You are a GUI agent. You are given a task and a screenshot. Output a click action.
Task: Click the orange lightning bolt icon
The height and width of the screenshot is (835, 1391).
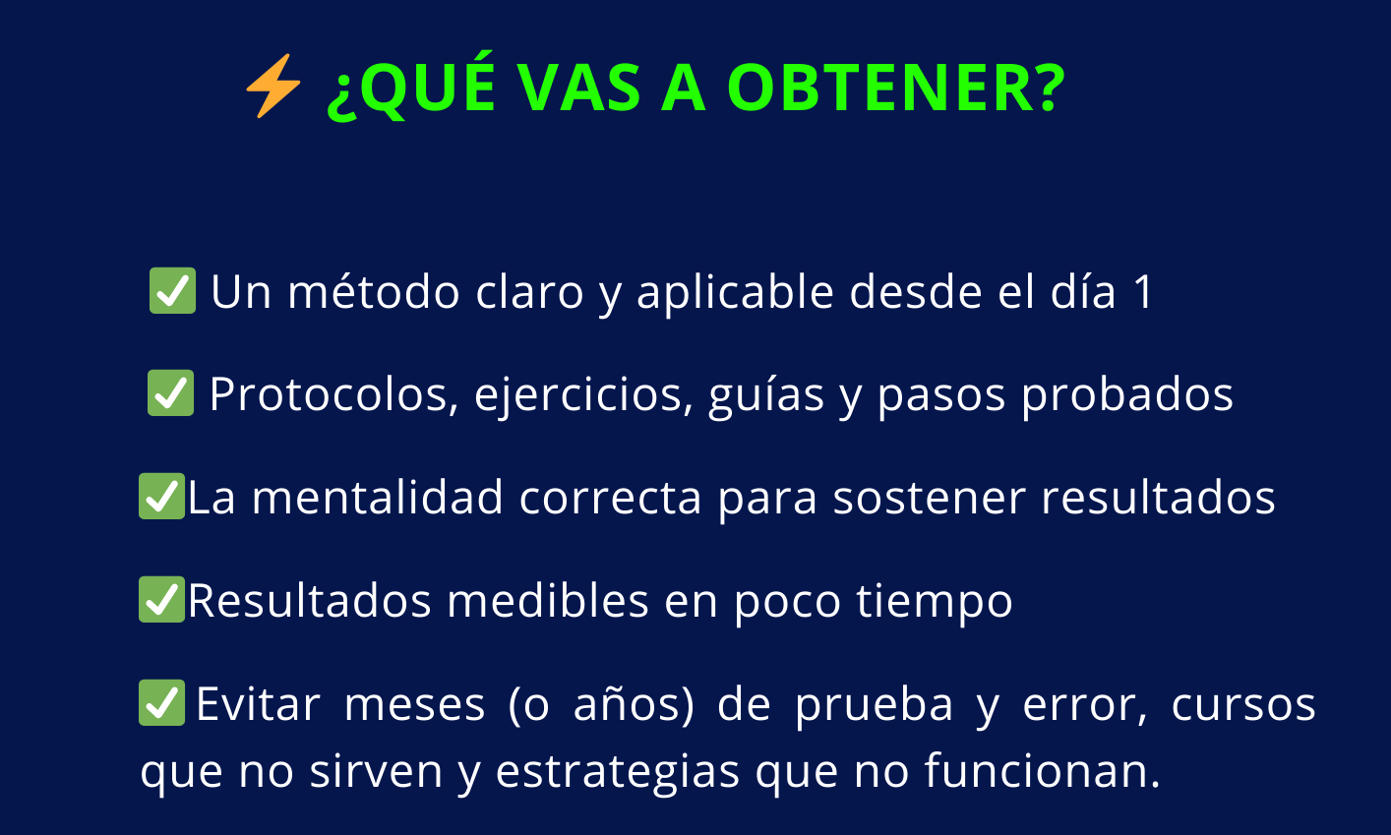pyautogui.click(x=273, y=86)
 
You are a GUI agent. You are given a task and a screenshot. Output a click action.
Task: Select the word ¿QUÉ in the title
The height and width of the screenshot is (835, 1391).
pyautogui.click(x=411, y=87)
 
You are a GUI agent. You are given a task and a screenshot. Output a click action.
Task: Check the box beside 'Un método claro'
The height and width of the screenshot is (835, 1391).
pyautogui.click(x=172, y=290)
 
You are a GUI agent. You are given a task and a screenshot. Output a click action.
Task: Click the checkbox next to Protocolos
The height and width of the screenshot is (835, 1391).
pyautogui.click(x=171, y=393)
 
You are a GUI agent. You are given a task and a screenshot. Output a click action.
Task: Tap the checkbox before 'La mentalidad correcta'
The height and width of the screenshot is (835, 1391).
pyautogui.click(x=162, y=496)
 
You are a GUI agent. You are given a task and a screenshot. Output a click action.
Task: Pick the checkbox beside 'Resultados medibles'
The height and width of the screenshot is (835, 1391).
pyautogui.click(x=162, y=599)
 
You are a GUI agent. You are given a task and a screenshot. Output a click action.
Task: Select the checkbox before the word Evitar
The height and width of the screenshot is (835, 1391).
pyautogui.click(x=162, y=703)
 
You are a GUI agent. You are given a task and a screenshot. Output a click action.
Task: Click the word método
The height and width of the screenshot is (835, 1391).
pyautogui.click(x=373, y=290)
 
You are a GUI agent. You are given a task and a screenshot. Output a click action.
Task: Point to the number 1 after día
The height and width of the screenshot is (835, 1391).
pyautogui.click(x=1143, y=291)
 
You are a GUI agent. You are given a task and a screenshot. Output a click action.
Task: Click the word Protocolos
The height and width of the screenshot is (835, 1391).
pyautogui.click(x=330, y=394)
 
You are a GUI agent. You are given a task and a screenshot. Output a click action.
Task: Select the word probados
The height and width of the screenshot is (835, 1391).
pyautogui.click(x=1127, y=394)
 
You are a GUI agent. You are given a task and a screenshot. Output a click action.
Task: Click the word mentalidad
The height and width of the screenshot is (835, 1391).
pyautogui.click(x=378, y=497)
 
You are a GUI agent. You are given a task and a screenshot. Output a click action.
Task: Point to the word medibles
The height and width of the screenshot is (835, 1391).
pyautogui.click(x=548, y=600)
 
